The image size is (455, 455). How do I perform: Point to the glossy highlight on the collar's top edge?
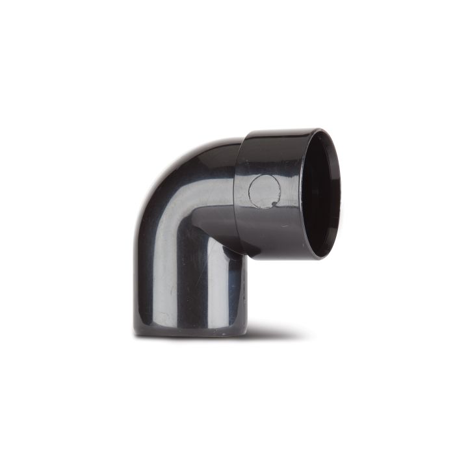point(279,133)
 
